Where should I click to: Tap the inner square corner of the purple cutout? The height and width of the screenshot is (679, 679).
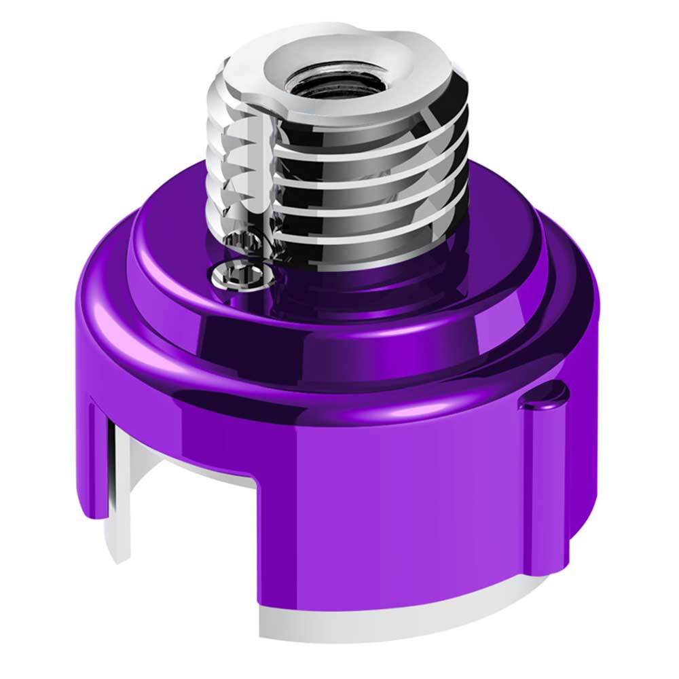256,483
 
